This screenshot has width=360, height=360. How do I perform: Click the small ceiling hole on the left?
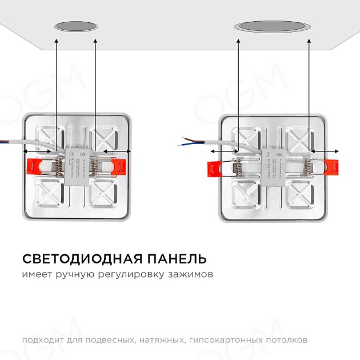pyautogui.click(x=77, y=26)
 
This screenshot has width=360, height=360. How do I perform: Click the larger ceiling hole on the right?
pyautogui.click(x=274, y=26)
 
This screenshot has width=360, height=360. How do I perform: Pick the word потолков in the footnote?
pyautogui.click(x=288, y=340)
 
